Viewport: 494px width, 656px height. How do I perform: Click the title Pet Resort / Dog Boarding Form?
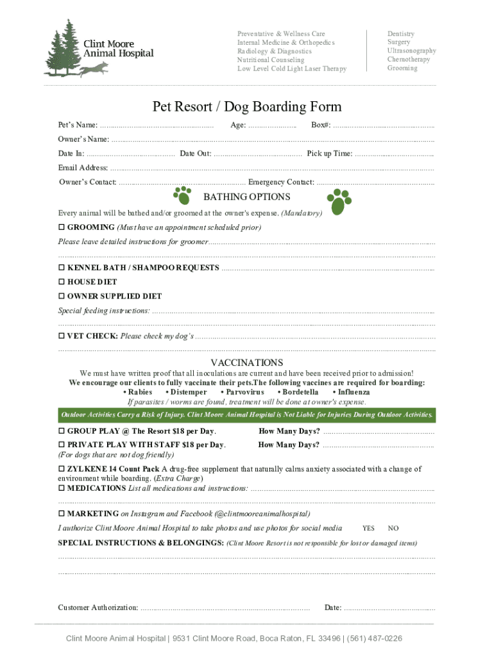click(x=246, y=106)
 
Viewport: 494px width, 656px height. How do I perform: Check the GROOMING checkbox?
click(x=62, y=227)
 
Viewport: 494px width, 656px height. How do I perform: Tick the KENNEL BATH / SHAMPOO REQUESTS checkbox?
click(x=62, y=268)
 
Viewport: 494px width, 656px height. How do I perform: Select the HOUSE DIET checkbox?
click(x=62, y=282)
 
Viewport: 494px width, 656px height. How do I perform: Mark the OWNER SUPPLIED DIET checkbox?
click(x=62, y=297)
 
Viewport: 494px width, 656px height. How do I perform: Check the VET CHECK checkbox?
click(x=62, y=336)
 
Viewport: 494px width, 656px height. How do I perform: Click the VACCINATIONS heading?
click(x=246, y=363)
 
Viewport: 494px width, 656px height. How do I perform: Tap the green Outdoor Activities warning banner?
click(x=246, y=415)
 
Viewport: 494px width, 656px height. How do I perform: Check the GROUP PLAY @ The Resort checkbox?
click(x=62, y=431)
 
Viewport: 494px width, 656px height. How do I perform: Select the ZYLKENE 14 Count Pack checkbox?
click(x=62, y=469)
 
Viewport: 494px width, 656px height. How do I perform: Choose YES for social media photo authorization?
click(x=368, y=529)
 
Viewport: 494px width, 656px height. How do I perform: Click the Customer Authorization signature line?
click(x=225, y=608)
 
